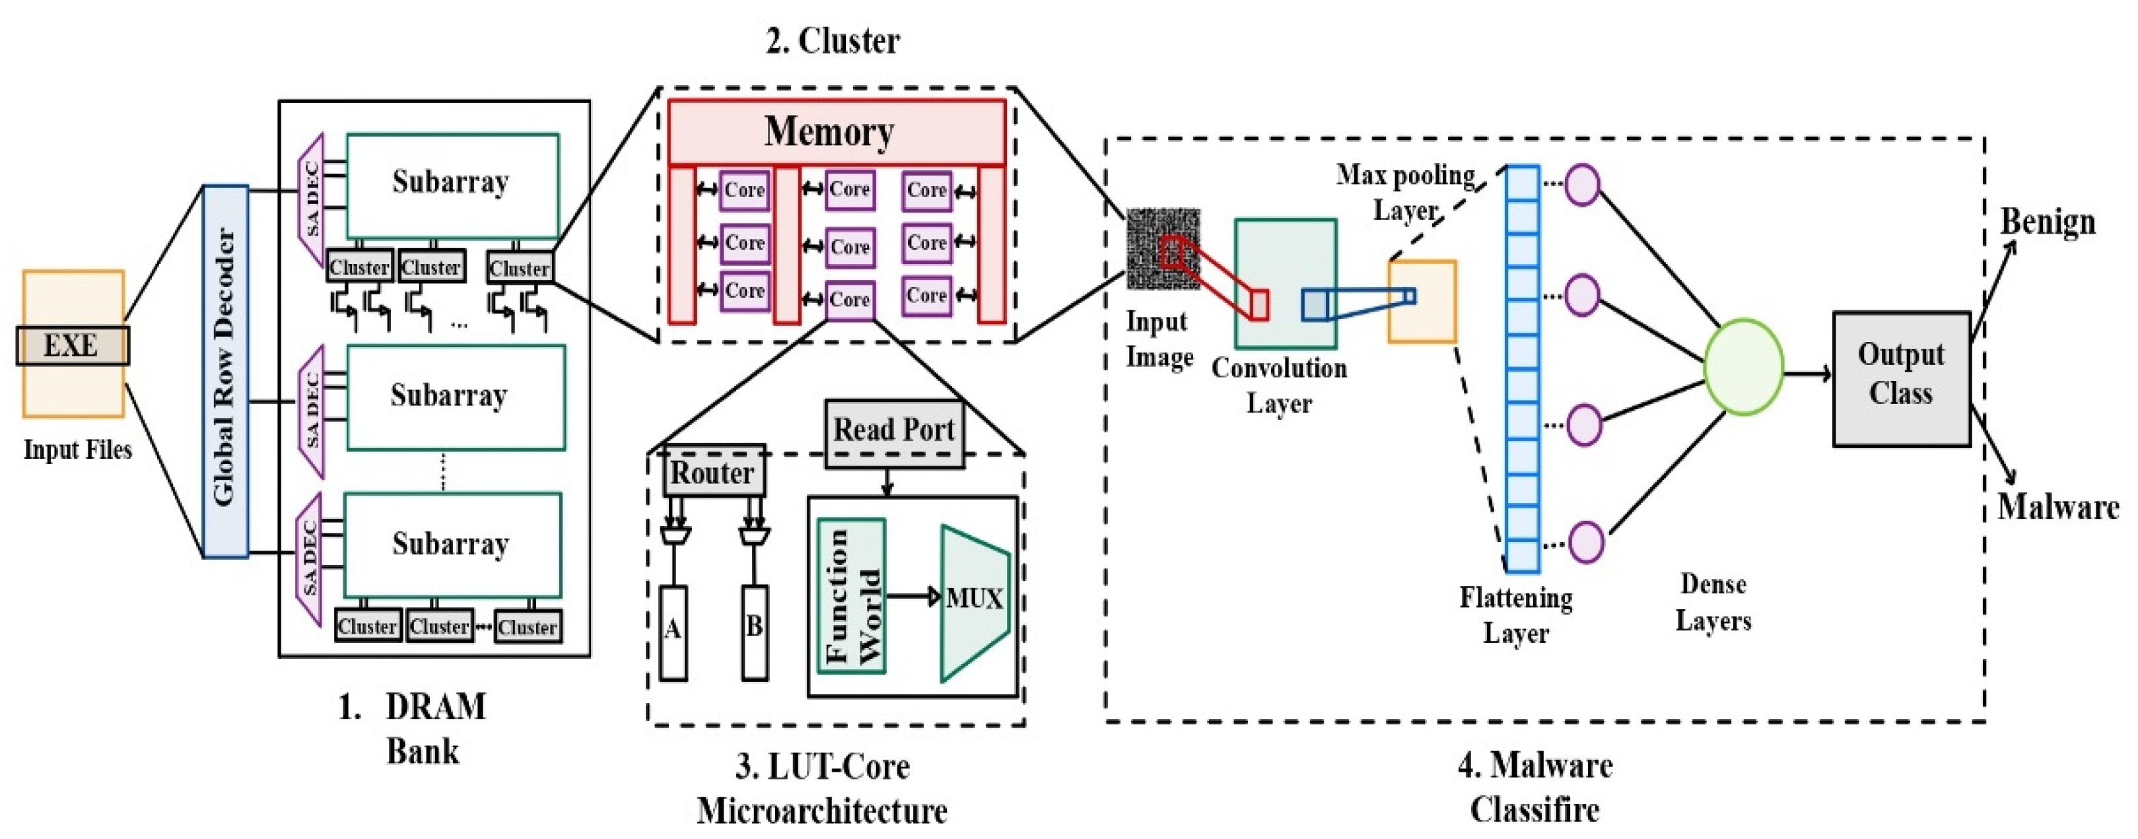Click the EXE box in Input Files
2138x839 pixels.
point(72,345)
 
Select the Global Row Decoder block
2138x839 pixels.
point(225,370)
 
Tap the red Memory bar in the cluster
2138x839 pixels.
point(836,132)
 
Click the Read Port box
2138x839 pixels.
point(894,430)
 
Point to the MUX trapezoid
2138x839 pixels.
point(973,601)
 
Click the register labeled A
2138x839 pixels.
point(673,632)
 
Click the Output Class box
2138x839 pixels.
point(1901,378)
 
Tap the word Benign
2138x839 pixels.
point(2047,222)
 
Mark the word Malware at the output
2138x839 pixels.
point(2057,507)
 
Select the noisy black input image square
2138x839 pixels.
point(1162,248)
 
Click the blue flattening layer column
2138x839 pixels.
point(1522,368)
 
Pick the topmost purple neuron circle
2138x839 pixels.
point(1582,184)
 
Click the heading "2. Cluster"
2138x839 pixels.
point(832,41)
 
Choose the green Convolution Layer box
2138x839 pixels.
point(1285,283)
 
